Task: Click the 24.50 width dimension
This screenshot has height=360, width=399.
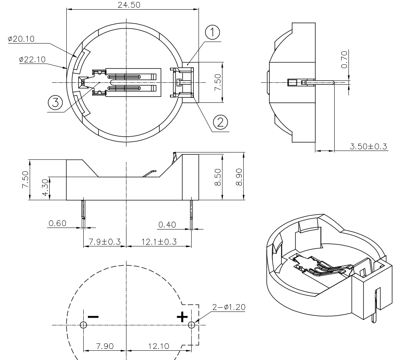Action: [x=130, y=5]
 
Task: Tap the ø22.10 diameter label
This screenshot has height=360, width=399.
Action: [x=32, y=59]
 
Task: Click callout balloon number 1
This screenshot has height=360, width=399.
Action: [x=212, y=33]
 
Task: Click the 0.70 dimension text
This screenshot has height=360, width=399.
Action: [x=345, y=60]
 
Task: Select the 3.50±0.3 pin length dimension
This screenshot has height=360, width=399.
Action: [x=368, y=146]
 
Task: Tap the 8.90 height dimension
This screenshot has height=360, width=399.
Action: [x=239, y=176]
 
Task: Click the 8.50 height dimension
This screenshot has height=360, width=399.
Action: [x=218, y=176]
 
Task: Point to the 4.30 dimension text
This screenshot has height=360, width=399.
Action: [x=45, y=188]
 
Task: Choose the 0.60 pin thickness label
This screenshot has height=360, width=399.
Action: [x=57, y=223]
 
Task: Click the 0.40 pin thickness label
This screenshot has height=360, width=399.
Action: [x=167, y=224]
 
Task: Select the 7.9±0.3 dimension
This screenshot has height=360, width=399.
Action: [x=104, y=242]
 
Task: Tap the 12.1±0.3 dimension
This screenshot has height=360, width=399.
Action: [x=159, y=242]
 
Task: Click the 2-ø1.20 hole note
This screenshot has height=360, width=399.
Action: [x=228, y=307]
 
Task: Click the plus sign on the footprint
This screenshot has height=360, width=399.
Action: [x=182, y=317]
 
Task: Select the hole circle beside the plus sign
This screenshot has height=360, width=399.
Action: [x=192, y=325]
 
